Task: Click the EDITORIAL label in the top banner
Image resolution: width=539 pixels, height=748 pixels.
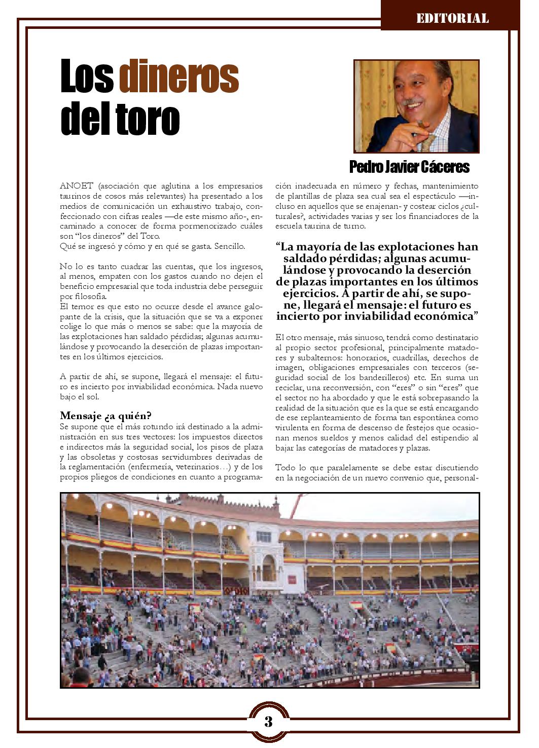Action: tap(452, 19)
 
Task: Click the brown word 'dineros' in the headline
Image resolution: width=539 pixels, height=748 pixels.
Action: tap(179, 77)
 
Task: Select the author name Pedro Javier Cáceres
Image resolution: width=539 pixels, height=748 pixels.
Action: tap(409, 167)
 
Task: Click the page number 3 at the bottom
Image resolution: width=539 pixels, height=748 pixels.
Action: tap(269, 721)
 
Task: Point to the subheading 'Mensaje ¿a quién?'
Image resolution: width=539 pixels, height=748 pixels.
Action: tap(105, 415)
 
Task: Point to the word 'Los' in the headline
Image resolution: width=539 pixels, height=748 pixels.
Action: tap(87, 77)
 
